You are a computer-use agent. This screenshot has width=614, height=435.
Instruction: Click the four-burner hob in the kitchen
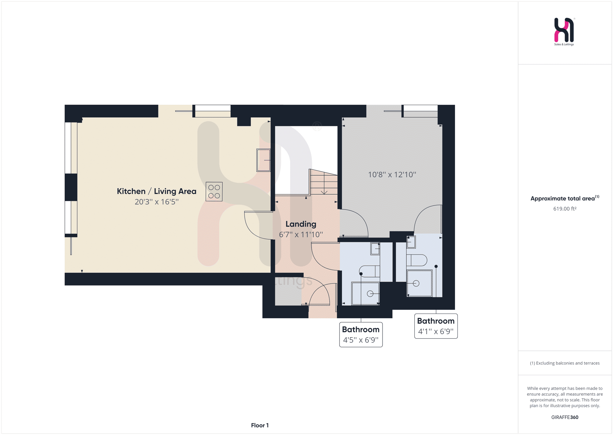point(214,192)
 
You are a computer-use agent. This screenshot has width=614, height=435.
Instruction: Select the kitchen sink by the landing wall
point(263,160)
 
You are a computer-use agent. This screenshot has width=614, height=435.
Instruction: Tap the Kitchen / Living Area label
point(157,191)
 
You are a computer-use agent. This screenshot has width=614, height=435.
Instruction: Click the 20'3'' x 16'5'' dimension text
point(157,202)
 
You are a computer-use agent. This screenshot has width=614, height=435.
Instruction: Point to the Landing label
point(301,224)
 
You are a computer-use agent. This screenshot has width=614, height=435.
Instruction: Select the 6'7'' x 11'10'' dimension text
point(301,235)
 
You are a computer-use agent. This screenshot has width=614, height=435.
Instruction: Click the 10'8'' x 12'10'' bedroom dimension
point(392,175)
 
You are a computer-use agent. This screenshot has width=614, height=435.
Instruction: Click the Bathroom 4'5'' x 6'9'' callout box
point(361,334)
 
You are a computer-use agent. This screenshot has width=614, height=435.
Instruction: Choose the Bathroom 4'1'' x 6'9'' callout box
point(436,326)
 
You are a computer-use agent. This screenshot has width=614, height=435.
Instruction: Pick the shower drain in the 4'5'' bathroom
point(370,294)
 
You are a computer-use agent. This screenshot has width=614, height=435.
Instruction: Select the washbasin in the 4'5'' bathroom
point(375,249)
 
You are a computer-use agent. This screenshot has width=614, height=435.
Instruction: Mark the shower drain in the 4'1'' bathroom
point(416,283)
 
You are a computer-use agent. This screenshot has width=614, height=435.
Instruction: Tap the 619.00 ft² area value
point(565,209)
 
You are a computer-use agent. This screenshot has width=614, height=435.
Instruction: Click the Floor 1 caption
point(260,425)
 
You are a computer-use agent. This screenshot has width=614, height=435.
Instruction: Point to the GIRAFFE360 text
point(565,417)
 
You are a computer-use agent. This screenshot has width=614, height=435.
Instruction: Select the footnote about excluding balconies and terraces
point(565,363)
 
